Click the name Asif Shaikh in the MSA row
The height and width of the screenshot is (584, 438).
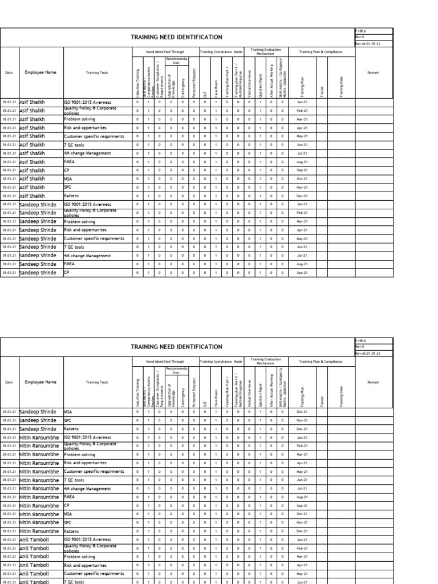(x=34, y=179)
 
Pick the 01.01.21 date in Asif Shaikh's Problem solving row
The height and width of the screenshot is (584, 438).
(x=9, y=119)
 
